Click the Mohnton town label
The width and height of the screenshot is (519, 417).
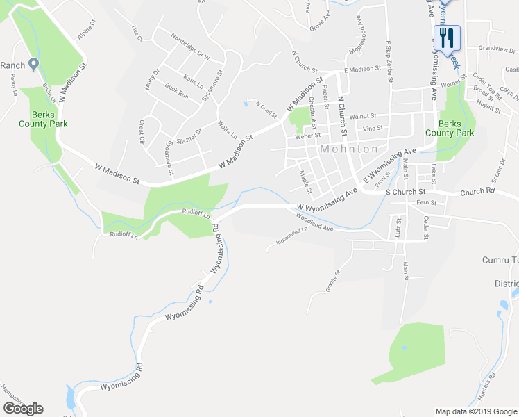click(349, 149)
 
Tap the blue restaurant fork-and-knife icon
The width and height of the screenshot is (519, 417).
click(447, 38)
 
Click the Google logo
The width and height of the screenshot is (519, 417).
click(23, 409)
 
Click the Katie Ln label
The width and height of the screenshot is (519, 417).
click(194, 79)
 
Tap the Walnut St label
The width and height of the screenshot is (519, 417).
click(362, 117)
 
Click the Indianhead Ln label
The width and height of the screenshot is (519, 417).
click(291, 241)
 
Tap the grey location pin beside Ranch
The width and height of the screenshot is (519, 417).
click(33, 65)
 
